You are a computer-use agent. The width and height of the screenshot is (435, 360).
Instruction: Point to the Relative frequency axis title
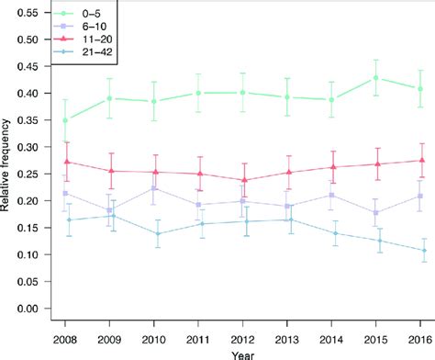click(x=7, y=162)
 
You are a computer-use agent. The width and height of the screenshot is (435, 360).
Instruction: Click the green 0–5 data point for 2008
click(x=65, y=120)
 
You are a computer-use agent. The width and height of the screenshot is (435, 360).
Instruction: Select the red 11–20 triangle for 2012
click(x=243, y=180)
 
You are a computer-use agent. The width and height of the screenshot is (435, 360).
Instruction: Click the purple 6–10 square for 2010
click(x=154, y=188)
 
